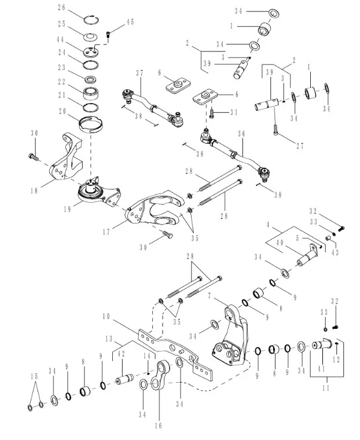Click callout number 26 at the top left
pos(62,8)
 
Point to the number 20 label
pos(62,112)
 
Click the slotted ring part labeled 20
pos(90,124)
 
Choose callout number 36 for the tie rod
pos(241,134)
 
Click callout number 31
pos(233,112)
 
